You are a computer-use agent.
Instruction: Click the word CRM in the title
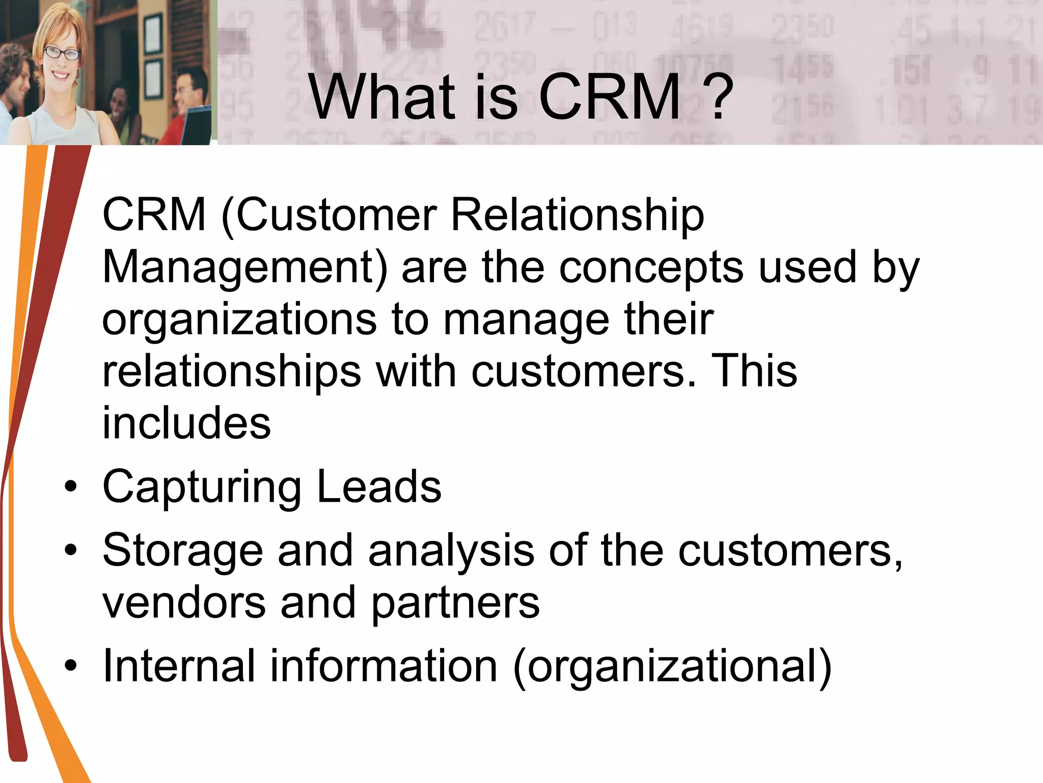pos(610,97)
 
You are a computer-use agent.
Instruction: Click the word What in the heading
pos(381,97)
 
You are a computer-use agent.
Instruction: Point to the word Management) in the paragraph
pos(245,268)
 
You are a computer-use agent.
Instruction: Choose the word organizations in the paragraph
pos(239,320)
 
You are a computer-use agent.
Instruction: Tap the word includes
pos(186,423)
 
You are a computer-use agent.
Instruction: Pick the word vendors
pos(184,604)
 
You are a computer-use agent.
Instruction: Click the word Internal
pos(179,666)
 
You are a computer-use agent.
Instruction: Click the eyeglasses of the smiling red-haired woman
pos(62,53)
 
